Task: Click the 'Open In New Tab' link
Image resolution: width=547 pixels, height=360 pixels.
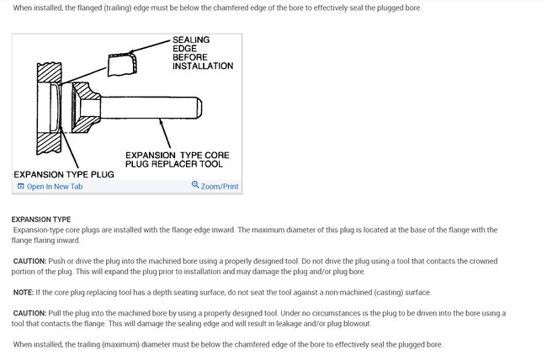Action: (55, 186)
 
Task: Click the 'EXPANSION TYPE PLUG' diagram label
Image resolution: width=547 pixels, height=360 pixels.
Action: (64, 173)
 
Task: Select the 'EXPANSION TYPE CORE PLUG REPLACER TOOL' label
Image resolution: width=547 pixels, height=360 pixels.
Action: (177, 160)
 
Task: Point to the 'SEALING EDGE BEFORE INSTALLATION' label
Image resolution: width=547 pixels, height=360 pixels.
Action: (202, 52)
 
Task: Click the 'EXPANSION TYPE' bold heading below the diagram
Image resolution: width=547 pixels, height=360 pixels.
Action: (41, 220)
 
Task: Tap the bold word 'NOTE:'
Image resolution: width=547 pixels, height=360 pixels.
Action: (24, 292)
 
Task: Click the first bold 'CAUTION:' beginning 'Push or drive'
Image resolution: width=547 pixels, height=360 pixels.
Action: (29, 261)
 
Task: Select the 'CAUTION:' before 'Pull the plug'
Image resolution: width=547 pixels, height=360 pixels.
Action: (29, 313)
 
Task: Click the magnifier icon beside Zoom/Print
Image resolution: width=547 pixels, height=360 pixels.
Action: (195, 185)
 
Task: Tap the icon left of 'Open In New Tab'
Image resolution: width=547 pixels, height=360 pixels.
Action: (21, 186)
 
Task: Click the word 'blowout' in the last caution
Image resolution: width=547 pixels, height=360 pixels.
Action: (353, 323)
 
